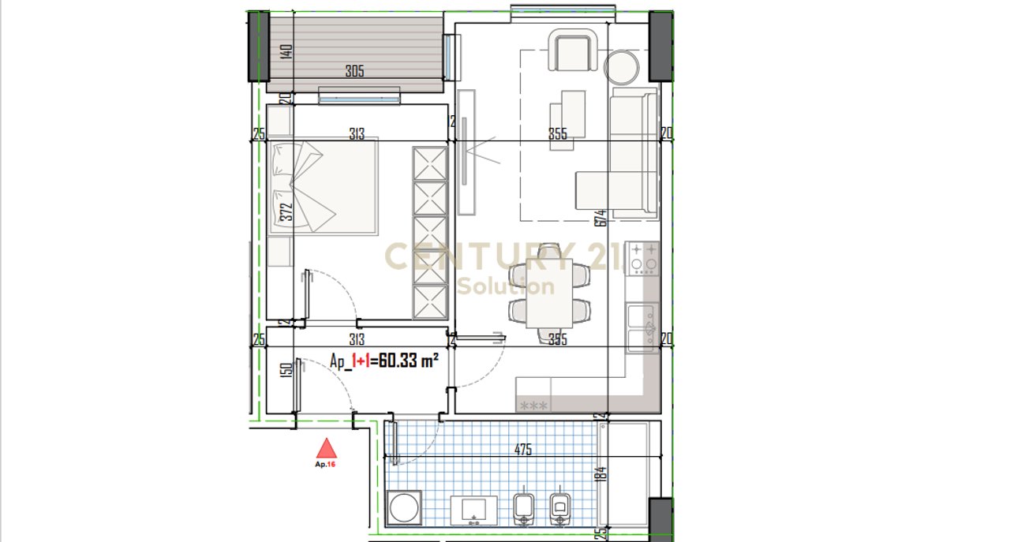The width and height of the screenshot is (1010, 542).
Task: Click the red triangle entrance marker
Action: pyautogui.click(x=327, y=449)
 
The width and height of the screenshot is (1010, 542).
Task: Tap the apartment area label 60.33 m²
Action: pyautogui.click(x=383, y=361)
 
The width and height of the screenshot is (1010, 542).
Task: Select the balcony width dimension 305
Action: pyautogui.click(x=354, y=71)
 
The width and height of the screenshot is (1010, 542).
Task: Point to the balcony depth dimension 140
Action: pyautogui.click(x=286, y=51)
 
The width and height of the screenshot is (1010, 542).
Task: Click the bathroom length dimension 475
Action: pyautogui.click(x=522, y=450)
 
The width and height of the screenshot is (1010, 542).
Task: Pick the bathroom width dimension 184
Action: pyautogui.click(x=600, y=474)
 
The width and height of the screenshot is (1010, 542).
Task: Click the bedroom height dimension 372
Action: pyautogui.click(x=286, y=211)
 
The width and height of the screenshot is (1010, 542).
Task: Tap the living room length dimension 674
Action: pyautogui.click(x=600, y=218)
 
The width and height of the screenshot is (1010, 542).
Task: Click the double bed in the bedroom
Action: pyautogui.click(x=324, y=187)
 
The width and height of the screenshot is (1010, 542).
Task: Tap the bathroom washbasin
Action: pyautogui.click(x=473, y=510)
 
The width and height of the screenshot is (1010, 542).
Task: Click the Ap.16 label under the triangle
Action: pyautogui.click(x=326, y=465)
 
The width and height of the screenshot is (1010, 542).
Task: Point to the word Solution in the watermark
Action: pyautogui.click(x=506, y=286)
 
